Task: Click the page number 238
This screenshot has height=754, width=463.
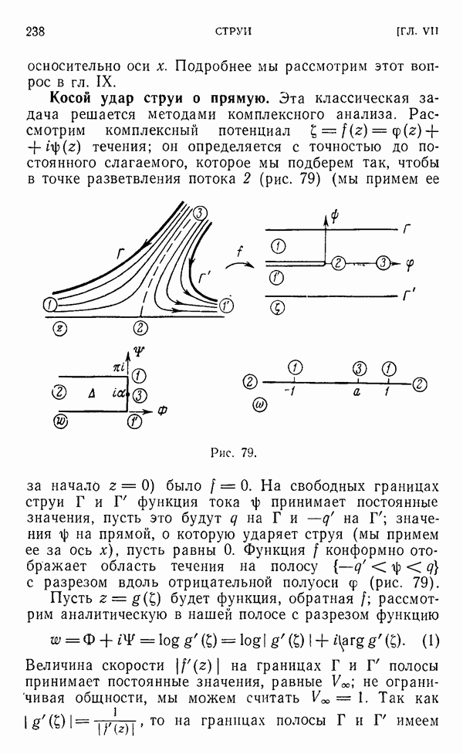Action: [36, 31]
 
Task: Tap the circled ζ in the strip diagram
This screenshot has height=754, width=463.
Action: [277, 306]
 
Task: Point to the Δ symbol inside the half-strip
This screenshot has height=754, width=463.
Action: [92, 394]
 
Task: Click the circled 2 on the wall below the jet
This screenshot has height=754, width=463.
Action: [140, 327]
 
